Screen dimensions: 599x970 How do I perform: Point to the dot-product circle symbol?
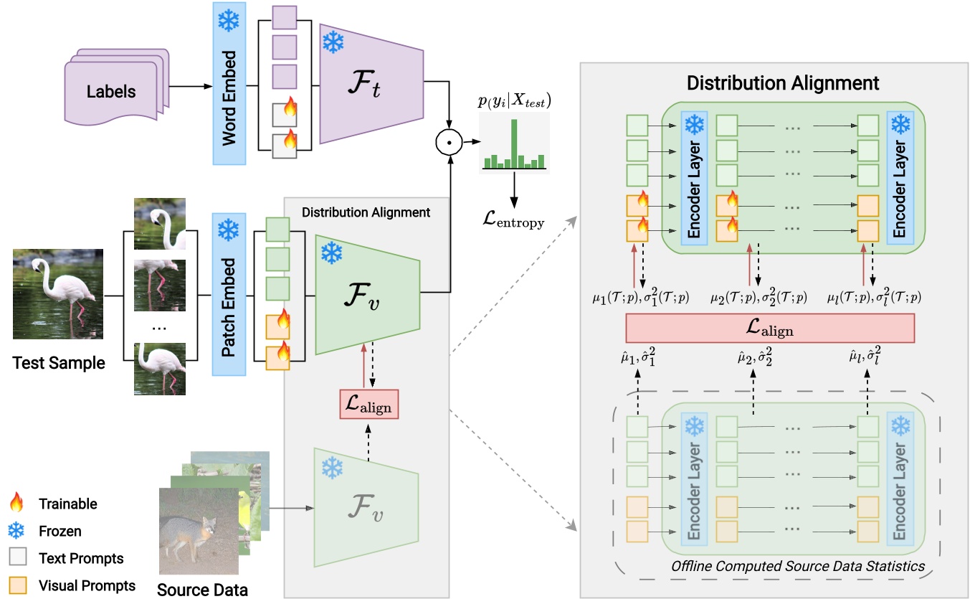[x=450, y=143]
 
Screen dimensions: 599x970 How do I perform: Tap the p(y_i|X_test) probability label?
[x=514, y=100]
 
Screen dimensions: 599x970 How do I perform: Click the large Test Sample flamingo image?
[x=57, y=294]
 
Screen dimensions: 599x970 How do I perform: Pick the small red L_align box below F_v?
[x=369, y=405]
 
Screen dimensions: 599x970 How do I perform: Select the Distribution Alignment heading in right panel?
[x=783, y=82]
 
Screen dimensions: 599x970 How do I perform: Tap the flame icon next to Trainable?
[x=17, y=504]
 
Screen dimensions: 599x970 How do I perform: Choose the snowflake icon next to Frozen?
[x=17, y=531]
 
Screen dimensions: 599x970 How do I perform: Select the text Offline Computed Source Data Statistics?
[x=797, y=567]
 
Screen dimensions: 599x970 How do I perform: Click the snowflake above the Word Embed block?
[x=229, y=22]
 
